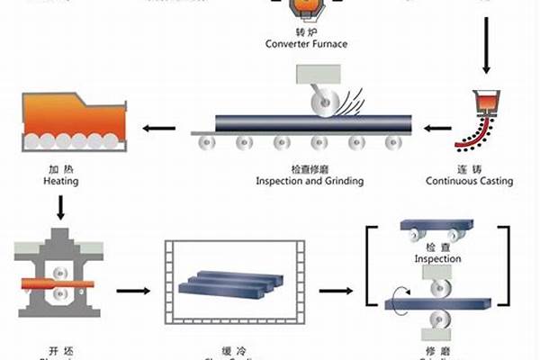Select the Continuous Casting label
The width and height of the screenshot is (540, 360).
tap(469, 181)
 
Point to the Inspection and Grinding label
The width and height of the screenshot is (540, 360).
tap(309, 181)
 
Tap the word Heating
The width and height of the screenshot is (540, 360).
tap(60, 181)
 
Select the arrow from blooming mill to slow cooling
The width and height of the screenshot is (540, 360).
tap(132, 291)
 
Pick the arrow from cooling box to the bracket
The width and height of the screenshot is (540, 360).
tap(336, 291)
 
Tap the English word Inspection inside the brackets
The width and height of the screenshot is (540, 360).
tap(437, 259)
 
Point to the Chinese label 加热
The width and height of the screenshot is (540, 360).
tap(60, 168)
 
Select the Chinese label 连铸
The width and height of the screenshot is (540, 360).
tap(469, 168)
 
